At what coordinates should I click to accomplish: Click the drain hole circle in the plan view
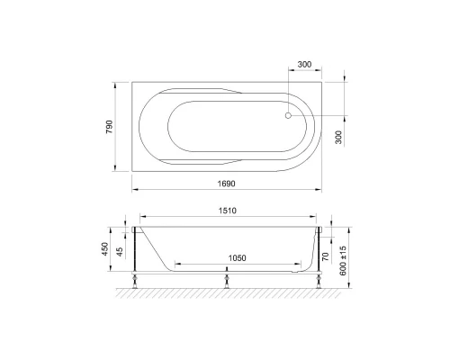tap(288, 114)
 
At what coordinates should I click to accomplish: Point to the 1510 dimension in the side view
tap(225, 212)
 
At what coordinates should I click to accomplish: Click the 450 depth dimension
tap(105, 247)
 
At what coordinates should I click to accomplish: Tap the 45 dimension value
tap(121, 251)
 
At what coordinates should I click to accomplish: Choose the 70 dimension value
tap(326, 256)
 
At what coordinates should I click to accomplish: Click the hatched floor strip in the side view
tap(225, 292)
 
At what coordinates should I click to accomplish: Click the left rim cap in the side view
tap(135, 231)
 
